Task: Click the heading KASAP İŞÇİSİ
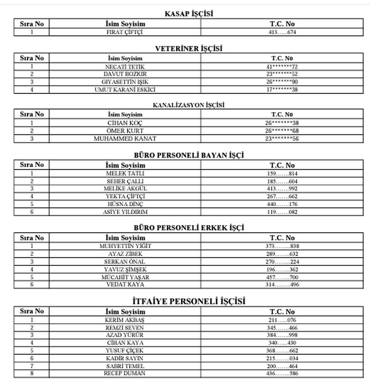(x=189, y=14)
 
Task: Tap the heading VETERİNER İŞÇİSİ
(x=189, y=49)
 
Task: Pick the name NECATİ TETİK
(x=124, y=66)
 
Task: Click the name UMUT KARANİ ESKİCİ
(x=124, y=90)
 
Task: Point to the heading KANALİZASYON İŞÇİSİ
(x=189, y=104)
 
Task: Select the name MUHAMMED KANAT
(x=124, y=139)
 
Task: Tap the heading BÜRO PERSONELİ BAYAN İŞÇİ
(x=189, y=155)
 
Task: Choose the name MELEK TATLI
(x=124, y=173)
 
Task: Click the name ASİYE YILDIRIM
(x=124, y=212)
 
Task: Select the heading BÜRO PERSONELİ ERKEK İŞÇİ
(x=189, y=228)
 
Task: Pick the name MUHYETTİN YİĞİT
(x=124, y=246)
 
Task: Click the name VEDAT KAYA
(x=124, y=285)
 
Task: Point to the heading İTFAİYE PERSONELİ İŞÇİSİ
(x=189, y=301)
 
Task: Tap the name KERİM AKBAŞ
(x=124, y=320)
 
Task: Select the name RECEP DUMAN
(x=124, y=374)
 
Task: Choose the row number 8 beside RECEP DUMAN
(x=32, y=374)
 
